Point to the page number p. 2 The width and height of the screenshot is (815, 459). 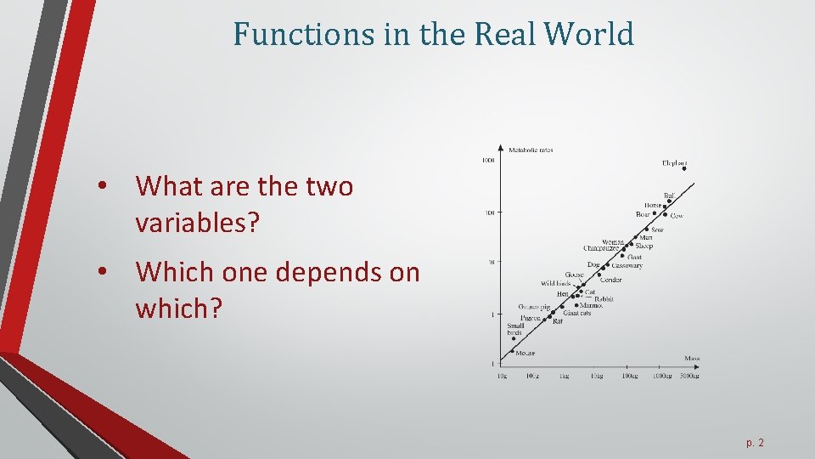click(755, 442)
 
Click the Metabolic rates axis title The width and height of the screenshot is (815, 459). click(531, 150)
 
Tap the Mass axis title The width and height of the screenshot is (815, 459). click(692, 358)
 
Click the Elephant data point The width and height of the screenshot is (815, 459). click(683, 168)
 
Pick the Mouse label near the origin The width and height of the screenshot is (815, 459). click(525, 353)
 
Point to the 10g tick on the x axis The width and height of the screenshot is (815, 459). click(503, 375)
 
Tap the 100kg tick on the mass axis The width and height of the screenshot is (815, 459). click(629, 375)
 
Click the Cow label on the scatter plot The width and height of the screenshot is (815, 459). click(677, 216)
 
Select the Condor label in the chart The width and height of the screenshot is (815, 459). click(610, 280)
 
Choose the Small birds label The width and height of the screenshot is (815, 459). click(515, 329)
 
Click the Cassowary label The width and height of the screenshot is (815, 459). click(627, 265)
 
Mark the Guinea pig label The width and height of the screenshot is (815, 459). click(534, 307)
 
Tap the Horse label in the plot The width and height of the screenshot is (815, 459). click(652, 205)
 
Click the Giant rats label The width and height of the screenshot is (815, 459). click(577, 313)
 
